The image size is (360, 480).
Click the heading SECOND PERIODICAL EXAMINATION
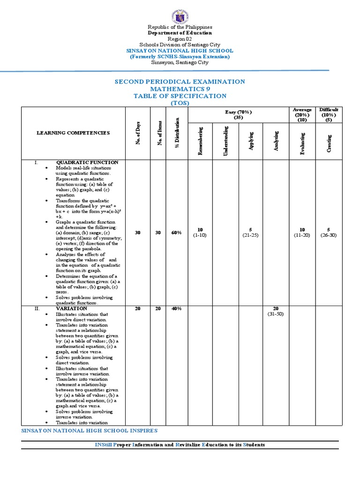[x=180, y=82]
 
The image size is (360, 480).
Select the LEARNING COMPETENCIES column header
[x=73, y=133]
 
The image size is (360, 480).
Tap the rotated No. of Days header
[x=137, y=133]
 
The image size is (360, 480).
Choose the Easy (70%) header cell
[x=238, y=114]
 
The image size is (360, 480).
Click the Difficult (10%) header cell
[x=329, y=114]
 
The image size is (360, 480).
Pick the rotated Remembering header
[x=200, y=141]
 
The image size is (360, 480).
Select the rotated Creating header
[x=329, y=141]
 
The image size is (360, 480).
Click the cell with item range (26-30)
[x=329, y=235]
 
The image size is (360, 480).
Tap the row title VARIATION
[x=71, y=308]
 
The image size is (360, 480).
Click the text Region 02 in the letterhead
[x=180, y=39]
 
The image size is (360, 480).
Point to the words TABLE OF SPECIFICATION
[x=180, y=96]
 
